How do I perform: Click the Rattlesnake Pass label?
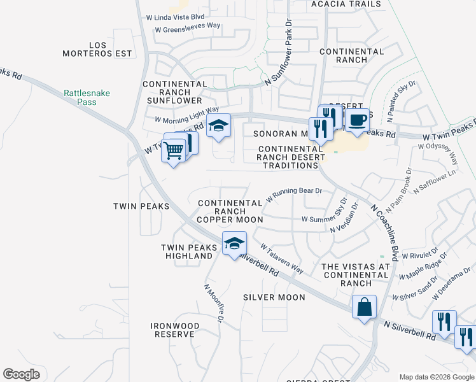coord(87,97)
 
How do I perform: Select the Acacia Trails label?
coord(346,4)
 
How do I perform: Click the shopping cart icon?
coord(173,152)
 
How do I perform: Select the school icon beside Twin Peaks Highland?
coord(234,243)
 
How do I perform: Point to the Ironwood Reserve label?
coord(175,330)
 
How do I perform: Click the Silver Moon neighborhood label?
coord(274,297)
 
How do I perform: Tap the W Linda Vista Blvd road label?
coord(174,16)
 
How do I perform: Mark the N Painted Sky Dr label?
coord(400,101)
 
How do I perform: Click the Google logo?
coord(21,374)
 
